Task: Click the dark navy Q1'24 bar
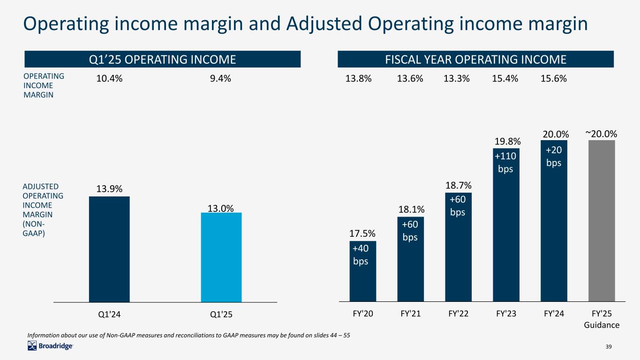click(109, 249)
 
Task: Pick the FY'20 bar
click(362, 281)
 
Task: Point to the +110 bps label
click(505, 161)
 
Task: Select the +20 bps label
click(554, 156)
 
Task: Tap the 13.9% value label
click(109, 188)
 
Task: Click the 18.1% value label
click(411, 209)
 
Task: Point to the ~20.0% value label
click(601, 134)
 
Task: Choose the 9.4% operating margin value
click(220, 79)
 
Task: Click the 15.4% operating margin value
click(505, 79)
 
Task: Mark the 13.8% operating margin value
click(359, 79)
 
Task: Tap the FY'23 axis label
click(506, 314)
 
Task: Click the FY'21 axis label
click(410, 314)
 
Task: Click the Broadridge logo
click(50, 346)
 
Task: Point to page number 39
click(609, 346)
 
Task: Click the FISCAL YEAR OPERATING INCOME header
click(475, 60)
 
